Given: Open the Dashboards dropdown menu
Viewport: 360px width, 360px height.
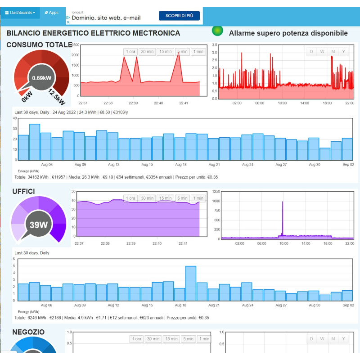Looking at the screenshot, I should tap(20, 13).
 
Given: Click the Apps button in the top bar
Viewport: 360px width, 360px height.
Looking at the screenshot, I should tap(52, 13).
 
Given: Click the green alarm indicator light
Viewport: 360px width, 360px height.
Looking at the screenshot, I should tap(217, 31).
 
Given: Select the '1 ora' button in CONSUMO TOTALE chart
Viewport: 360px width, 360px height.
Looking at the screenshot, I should tap(130, 52).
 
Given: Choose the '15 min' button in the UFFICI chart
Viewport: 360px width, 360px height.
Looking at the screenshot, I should tap(165, 198).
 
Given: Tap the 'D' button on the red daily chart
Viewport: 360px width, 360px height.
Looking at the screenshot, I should tap(311, 51).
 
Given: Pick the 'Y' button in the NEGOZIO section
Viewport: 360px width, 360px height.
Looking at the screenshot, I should tap(343, 339).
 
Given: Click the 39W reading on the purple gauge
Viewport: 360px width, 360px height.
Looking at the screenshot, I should tap(39, 225).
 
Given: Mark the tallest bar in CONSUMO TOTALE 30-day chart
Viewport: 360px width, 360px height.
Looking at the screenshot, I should tap(35, 142).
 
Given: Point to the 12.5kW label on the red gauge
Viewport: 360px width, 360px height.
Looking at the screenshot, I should tap(58, 95).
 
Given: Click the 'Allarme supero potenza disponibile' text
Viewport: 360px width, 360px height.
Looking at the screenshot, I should tap(288, 33).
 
